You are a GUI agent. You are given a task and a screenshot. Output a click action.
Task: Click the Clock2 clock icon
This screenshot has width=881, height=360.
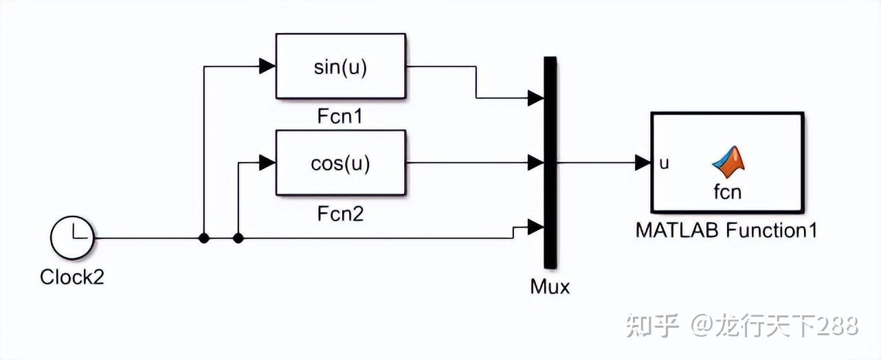point(71,238)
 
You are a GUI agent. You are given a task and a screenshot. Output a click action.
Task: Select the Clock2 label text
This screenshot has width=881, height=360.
point(71,278)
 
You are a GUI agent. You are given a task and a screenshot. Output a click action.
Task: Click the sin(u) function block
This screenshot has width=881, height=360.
point(341,67)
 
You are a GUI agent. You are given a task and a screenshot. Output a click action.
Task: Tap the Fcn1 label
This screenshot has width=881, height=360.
point(341,116)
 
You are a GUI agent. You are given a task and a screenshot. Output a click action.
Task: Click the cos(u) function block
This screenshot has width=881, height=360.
point(341,164)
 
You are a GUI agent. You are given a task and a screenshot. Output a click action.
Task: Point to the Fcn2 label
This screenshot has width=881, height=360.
point(341,214)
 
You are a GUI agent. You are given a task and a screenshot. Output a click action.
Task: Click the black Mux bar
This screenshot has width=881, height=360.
point(549,162)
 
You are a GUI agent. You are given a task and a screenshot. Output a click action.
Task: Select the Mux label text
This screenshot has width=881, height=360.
point(550,286)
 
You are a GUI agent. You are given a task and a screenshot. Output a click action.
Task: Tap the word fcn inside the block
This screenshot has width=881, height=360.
point(727,192)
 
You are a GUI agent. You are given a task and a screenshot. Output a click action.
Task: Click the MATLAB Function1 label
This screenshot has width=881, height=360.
point(726,230)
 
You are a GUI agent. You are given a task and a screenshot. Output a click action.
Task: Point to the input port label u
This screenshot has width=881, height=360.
point(664,164)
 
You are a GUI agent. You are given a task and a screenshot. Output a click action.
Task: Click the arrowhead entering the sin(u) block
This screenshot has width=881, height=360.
point(267,67)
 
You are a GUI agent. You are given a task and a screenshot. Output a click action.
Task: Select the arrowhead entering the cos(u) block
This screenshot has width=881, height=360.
point(267,164)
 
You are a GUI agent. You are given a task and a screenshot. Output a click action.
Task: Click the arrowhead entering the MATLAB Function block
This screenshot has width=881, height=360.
point(643,164)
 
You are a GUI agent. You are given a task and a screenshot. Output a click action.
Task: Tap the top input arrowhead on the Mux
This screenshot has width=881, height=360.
point(535,98)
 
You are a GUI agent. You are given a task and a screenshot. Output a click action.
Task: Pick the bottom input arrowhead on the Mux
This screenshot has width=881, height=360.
point(535,227)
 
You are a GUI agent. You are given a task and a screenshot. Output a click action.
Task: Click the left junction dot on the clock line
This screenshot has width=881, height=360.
point(203,238)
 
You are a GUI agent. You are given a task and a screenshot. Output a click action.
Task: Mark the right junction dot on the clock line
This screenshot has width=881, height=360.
point(238,238)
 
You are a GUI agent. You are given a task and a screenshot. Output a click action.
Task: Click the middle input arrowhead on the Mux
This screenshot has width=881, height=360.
point(535,164)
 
